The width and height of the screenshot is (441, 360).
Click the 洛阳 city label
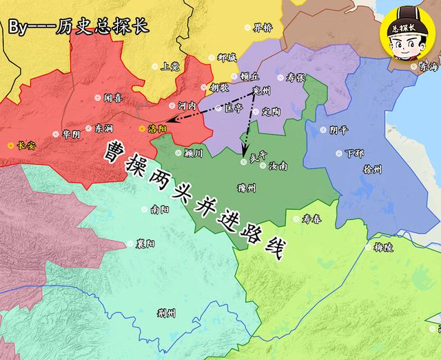click(157, 129)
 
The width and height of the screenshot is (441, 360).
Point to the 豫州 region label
click(245, 188)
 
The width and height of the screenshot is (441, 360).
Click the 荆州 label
click(166, 313)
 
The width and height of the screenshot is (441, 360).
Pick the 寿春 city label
click(312, 219)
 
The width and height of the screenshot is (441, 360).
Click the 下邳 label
click(355, 153)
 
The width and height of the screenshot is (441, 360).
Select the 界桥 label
click(263, 28)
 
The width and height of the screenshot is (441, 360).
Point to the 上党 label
click(170, 68)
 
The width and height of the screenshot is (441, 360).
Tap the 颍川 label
click(194, 153)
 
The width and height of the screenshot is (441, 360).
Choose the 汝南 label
click(279, 166)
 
